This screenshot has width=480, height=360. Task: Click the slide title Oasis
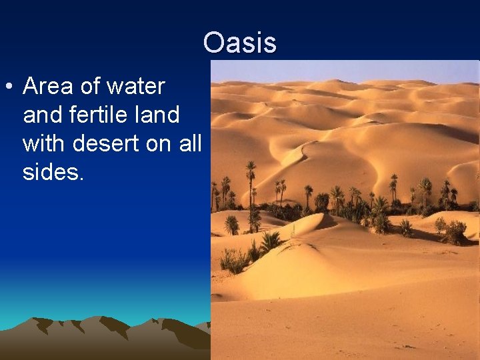(x=239, y=43)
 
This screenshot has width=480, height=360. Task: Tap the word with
(x=44, y=143)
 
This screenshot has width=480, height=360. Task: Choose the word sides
(x=53, y=172)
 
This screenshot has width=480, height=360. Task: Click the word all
(x=189, y=143)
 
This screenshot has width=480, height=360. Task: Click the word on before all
(x=162, y=143)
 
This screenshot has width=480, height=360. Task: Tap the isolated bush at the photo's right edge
(x=455, y=231)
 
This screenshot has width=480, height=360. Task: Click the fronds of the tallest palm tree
(x=251, y=167)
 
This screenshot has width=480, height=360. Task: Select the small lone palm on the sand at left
(x=231, y=225)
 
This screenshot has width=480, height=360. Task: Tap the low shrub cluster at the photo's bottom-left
(x=233, y=260)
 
